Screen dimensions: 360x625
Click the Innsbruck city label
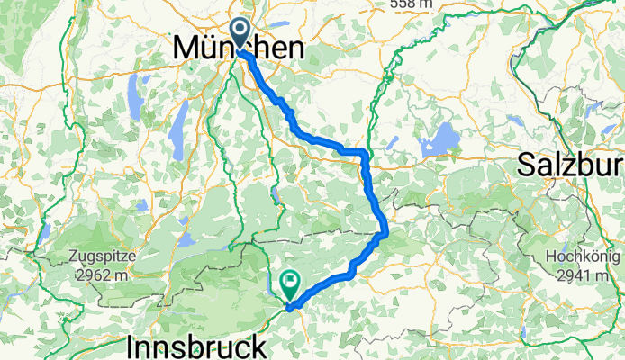(197, 346)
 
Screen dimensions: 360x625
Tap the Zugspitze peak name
(99, 255)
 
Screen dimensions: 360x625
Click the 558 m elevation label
(413, 4)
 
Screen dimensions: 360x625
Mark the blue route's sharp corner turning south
(365, 152)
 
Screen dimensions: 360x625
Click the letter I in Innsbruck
(133, 346)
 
